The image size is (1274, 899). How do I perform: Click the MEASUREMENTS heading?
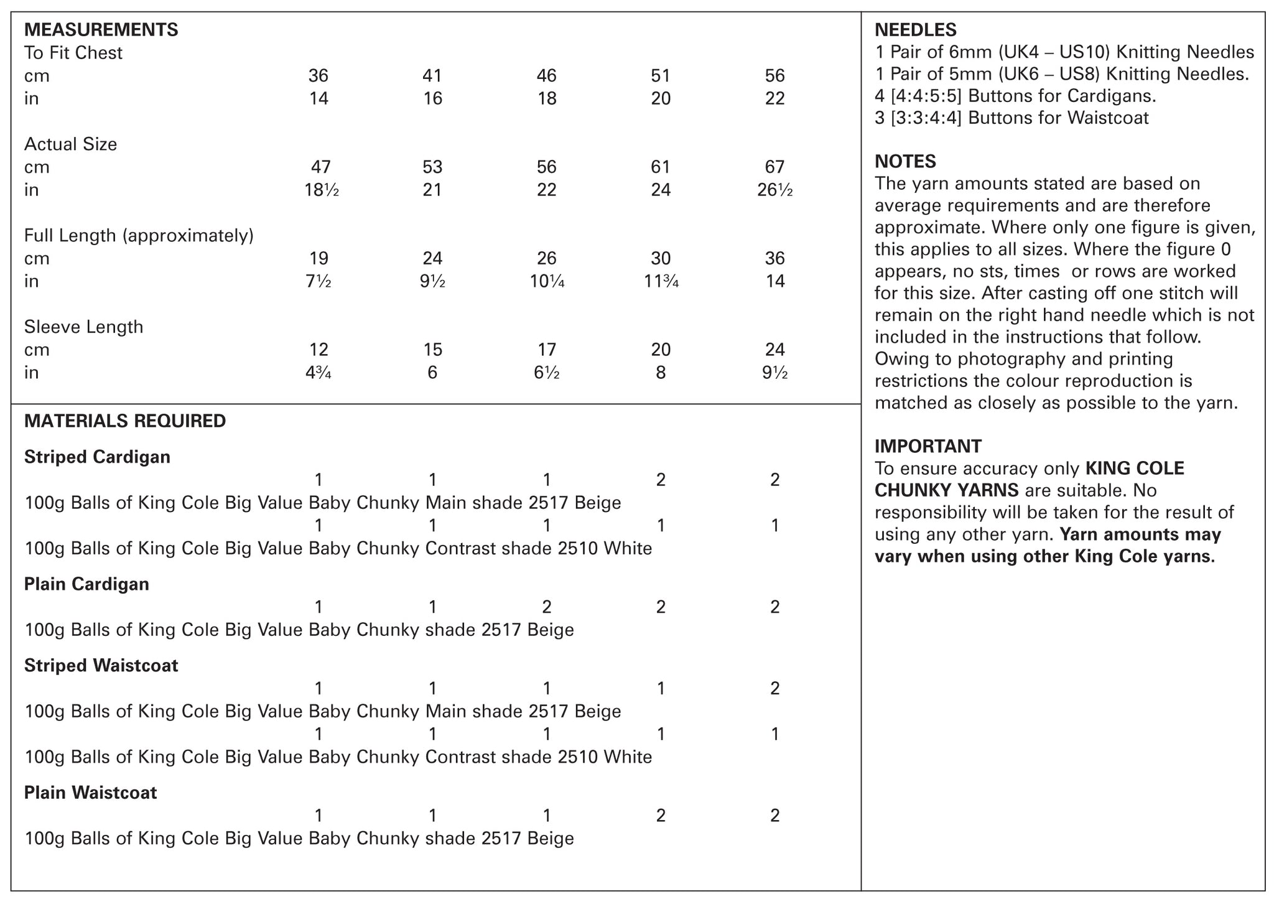pyautogui.click(x=101, y=30)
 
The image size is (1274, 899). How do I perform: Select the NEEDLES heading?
pyautogui.click(x=915, y=30)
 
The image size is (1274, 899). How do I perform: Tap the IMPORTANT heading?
pyautogui.click(x=928, y=446)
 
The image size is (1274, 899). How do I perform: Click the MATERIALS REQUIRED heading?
pyautogui.click(x=124, y=421)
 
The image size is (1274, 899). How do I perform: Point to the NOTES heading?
pyautogui.click(x=904, y=162)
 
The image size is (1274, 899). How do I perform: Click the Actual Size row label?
pyautogui.click(x=70, y=144)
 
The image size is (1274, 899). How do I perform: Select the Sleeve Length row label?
pyautogui.click(x=83, y=327)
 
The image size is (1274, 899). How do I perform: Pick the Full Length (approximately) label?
pyautogui.click(x=139, y=236)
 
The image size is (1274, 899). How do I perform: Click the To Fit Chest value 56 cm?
pyautogui.click(x=774, y=76)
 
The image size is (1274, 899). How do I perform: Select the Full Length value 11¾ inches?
pyautogui.click(x=661, y=281)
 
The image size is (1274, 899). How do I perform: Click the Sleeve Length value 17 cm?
pyautogui.click(x=546, y=350)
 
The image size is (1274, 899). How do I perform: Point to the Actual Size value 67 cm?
pyautogui.click(x=774, y=167)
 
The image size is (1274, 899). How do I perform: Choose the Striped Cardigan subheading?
pyautogui.click(x=97, y=457)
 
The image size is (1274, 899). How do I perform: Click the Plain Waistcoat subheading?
pyautogui.click(x=90, y=793)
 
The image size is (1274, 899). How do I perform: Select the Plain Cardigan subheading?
pyautogui.click(x=86, y=584)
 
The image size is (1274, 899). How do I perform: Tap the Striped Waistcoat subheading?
pyautogui.click(x=101, y=666)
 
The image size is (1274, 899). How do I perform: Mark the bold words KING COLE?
pyautogui.click(x=1135, y=468)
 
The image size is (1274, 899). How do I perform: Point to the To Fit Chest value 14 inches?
pyautogui.click(x=318, y=99)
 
